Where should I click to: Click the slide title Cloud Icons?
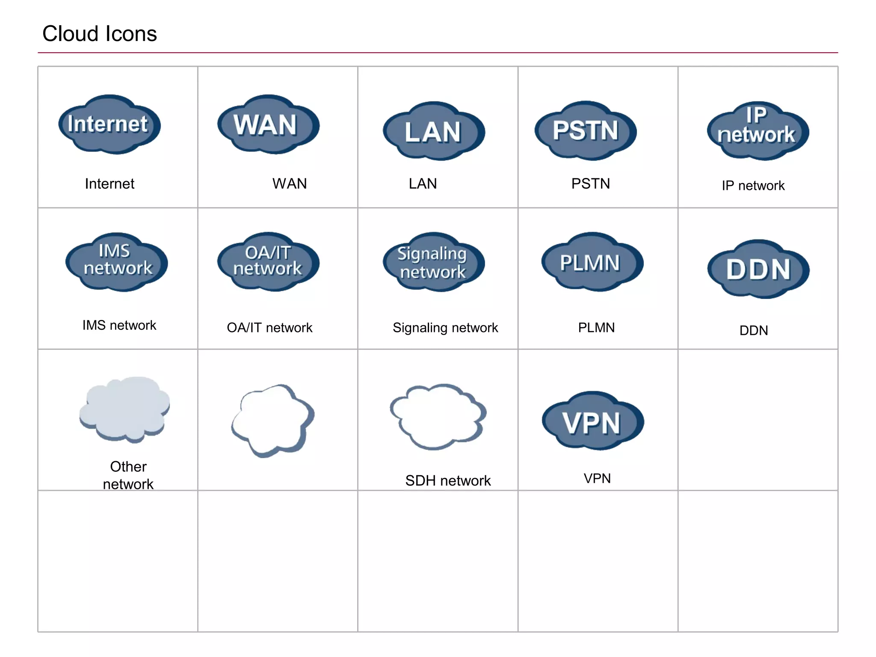point(99,34)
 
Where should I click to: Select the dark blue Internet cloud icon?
point(109,124)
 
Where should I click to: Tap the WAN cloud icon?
point(268,124)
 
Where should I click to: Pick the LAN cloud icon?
point(433,131)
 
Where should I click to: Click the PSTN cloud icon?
point(585,130)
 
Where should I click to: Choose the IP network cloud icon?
point(758,130)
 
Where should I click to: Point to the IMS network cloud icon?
point(116,262)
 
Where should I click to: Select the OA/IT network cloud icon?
point(268,262)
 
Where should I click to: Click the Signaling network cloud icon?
point(433,262)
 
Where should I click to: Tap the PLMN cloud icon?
point(592,262)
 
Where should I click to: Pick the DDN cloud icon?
point(758,269)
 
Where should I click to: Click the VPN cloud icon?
point(592,421)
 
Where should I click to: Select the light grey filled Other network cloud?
point(124,409)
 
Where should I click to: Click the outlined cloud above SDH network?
point(438,416)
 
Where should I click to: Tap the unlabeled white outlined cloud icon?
point(272,419)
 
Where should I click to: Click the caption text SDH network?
point(447,480)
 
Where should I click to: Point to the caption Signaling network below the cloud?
point(445,328)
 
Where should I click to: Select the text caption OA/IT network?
point(269,328)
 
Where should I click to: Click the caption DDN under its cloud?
point(753,330)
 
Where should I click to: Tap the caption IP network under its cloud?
point(753,186)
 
